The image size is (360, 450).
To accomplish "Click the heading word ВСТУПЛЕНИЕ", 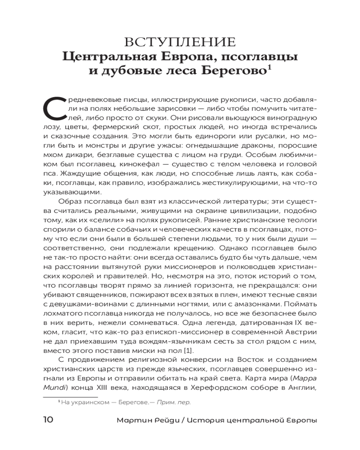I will pos(180,42).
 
